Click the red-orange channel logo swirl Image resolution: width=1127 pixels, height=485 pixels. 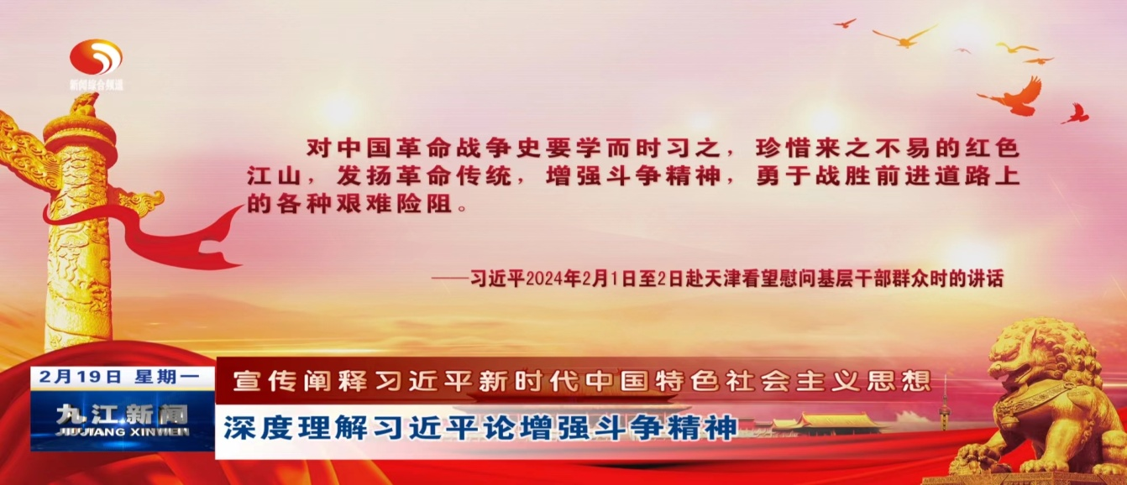(x=96, y=57)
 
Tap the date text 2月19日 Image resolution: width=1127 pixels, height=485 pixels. (x=81, y=377)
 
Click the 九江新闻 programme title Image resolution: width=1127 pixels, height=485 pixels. (x=122, y=415)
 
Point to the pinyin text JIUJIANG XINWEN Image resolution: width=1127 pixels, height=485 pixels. (x=123, y=432)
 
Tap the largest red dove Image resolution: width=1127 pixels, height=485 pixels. (x=1014, y=97)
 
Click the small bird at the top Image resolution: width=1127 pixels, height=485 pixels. (x=845, y=23)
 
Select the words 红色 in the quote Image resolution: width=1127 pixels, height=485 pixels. (x=992, y=148)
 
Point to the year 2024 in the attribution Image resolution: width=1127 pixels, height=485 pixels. (x=544, y=279)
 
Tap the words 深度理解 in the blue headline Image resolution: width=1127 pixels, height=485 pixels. (x=296, y=428)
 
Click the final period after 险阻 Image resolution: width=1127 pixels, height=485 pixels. (x=463, y=207)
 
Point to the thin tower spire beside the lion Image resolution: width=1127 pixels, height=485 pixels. (x=945, y=402)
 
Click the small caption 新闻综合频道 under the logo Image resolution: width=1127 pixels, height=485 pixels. (x=96, y=85)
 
